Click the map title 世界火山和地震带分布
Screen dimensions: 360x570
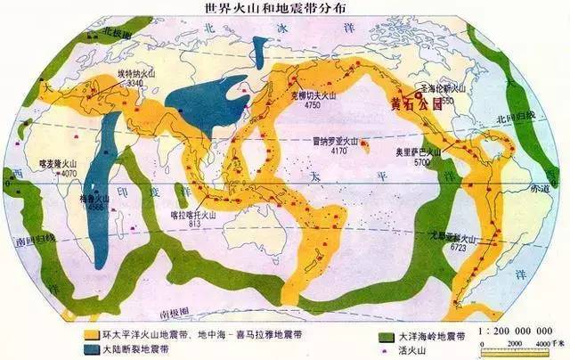click(284, 9)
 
